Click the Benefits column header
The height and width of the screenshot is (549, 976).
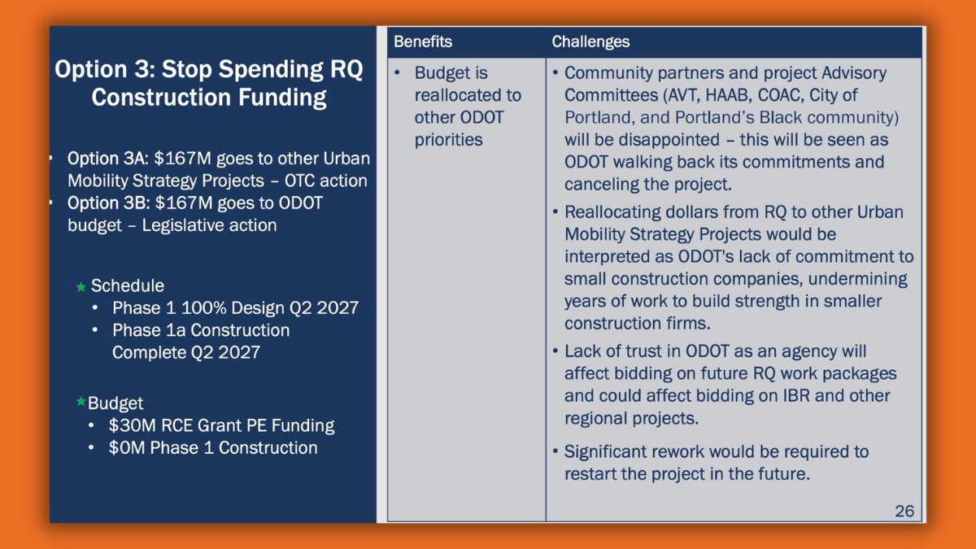click(423, 41)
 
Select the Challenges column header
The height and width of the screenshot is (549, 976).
click(590, 42)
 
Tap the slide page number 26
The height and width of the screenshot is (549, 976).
click(904, 511)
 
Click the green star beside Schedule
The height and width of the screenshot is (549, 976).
click(81, 286)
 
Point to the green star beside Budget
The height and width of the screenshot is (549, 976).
click(81, 401)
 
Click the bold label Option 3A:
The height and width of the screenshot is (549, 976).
click(108, 159)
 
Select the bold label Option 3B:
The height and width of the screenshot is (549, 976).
click(108, 203)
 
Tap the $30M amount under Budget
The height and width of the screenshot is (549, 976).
click(133, 425)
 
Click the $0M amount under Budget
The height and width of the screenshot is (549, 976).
click(127, 448)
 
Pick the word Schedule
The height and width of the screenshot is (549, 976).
click(128, 285)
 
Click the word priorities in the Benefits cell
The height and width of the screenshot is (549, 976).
click(448, 140)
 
